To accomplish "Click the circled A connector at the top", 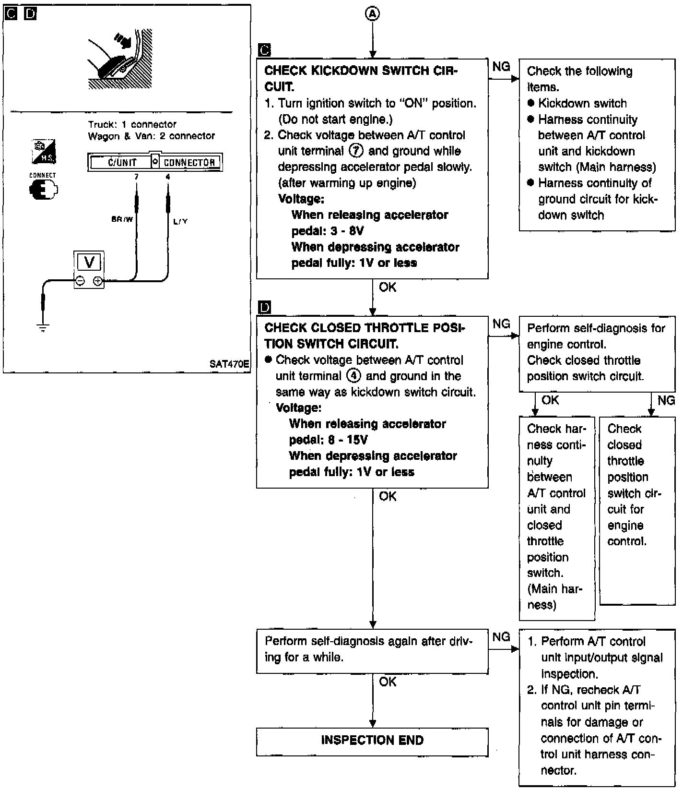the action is (372, 14).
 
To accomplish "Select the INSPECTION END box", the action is (372, 742).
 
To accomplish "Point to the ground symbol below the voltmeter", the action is (43, 329).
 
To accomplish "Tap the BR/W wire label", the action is (122, 219).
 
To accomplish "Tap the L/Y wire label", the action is (180, 221).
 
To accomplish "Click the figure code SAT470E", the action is (229, 364).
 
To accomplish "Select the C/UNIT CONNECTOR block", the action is (155, 162).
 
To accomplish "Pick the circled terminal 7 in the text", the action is (356, 151).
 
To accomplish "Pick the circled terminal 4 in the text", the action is (353, 376).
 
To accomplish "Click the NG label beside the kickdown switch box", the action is (501, 67).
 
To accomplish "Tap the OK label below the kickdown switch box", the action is (388, 287).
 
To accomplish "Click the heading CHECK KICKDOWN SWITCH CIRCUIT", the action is (361, 79).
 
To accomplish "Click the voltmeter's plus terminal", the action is (97, 281).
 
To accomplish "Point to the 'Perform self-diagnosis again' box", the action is (372, 651).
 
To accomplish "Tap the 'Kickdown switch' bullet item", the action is (577, 103).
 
